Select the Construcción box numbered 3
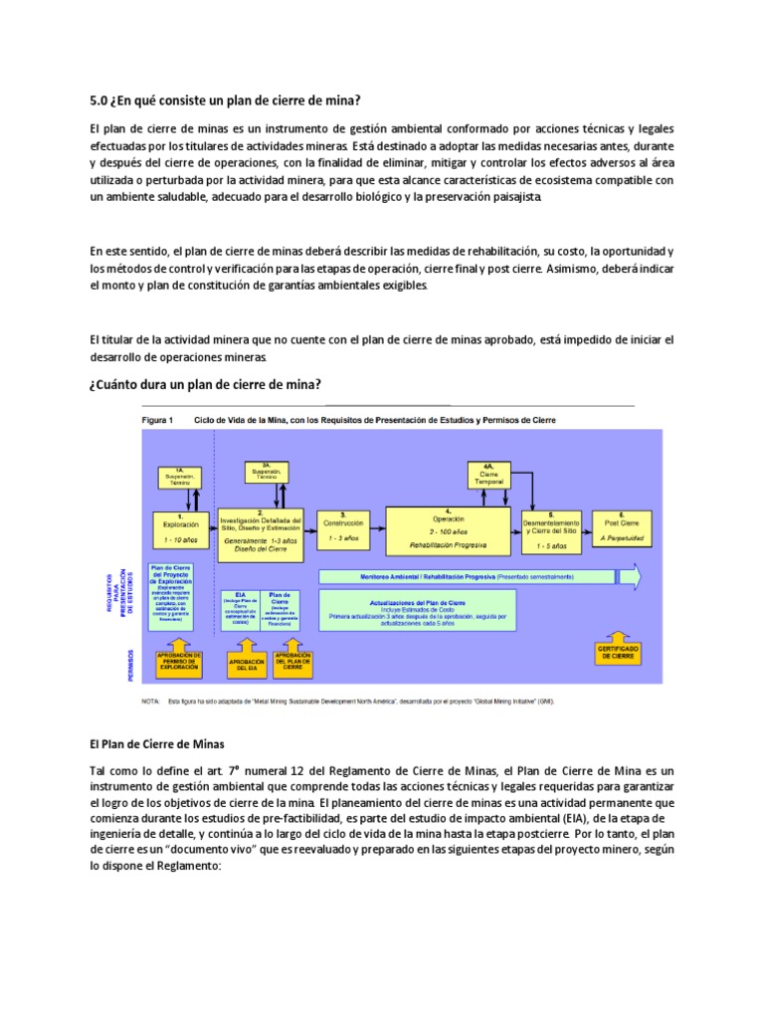[342, 527]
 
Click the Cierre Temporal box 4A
[489, 474]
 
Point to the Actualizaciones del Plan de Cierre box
[417, 610]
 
